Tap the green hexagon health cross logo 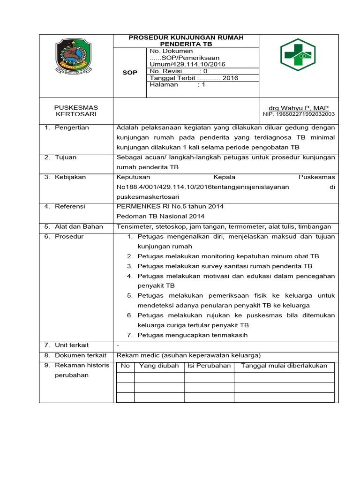(x=298, y=55)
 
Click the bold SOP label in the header (x=130, y=73)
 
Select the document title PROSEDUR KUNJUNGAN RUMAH (x=186, y=37)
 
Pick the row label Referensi (x=70, y=206)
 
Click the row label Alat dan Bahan (x=79, y=226)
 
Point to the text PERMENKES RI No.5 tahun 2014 (x=170, y=206)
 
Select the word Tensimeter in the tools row (x=133, y=226)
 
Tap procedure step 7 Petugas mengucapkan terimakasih (x=192, y=335)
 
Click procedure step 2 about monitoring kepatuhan (x=228, y=256)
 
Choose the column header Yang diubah (x=159, y=366)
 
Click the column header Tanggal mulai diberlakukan (x=284, y=366)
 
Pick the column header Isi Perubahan (x=209, y=366)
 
